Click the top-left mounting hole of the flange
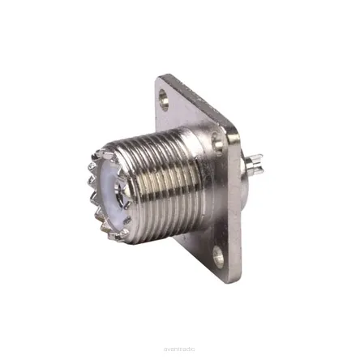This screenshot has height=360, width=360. tap(165, 104)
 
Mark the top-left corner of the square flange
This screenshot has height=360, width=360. tap(159, 79)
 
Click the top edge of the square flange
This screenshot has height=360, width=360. tap(195, 97)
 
